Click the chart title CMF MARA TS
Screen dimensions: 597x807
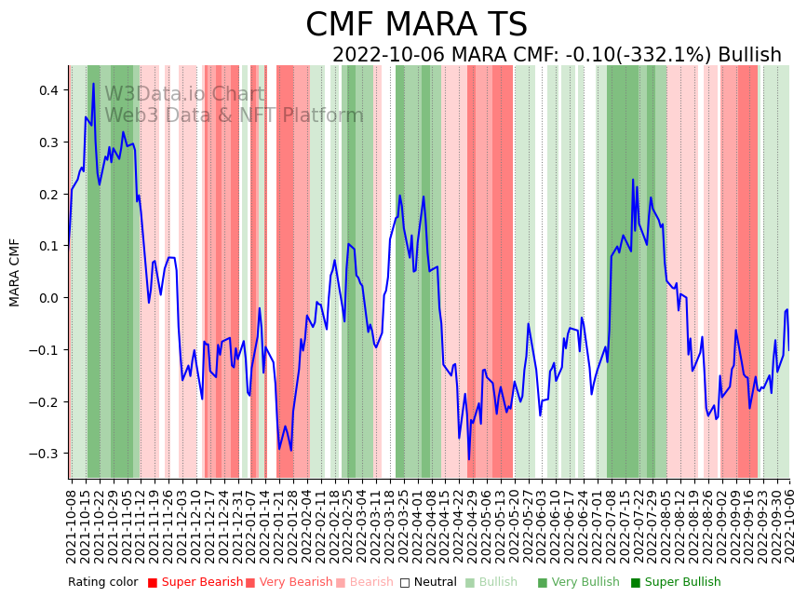click(x=416, y=25)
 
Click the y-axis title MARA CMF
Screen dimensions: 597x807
click(x=15, y=272)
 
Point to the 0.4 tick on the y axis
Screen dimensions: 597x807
click(x=47, y=90)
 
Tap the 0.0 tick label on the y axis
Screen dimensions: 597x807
click(x=47, y=298)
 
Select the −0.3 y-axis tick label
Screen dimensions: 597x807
click(x=43, y=454)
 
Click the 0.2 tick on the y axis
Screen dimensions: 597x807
click(x=47, y=194)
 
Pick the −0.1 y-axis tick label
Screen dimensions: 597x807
click(x=43, y=350)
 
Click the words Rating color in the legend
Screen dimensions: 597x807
click(x=103, y=583)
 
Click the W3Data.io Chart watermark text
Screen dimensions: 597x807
click(x=184, y=94)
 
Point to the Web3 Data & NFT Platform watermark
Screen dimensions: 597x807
click(x=234, y=115)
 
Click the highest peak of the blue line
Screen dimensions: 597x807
click(x=93, y=84)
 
